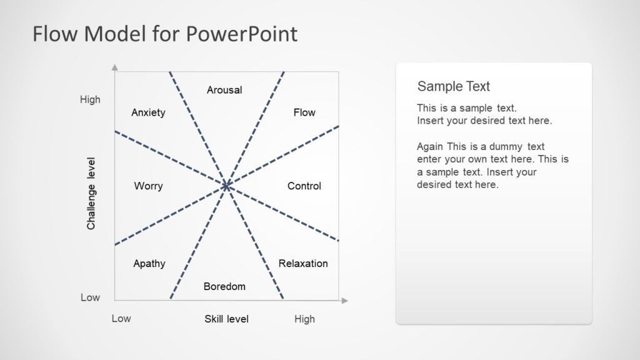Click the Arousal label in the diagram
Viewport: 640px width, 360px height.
coord(224,90)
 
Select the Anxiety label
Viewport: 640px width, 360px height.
coord(148,112)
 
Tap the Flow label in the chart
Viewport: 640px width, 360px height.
coord(304,112)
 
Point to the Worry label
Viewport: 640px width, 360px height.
coord(148,186)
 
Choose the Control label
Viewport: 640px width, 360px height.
coord(304,186)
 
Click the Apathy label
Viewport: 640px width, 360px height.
coord(149,264)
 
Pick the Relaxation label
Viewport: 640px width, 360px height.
coord(303,264)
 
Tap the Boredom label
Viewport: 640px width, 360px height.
coord(224,287)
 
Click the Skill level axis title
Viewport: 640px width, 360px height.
coord(226,319)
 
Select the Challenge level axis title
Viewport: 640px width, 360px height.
coord(91,193)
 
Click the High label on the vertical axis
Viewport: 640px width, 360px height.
coord(90,100)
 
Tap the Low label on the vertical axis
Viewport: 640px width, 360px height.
coord(90,298)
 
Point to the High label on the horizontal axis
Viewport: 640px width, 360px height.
coord(304,319)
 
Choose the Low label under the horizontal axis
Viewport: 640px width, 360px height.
coord(121,319)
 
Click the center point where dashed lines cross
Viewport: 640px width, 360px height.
coord(226,186)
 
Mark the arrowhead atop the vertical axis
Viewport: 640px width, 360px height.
coord(114,66)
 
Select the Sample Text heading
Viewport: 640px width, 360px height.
coord(453,87)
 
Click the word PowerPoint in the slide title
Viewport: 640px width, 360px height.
coord(241,34)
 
